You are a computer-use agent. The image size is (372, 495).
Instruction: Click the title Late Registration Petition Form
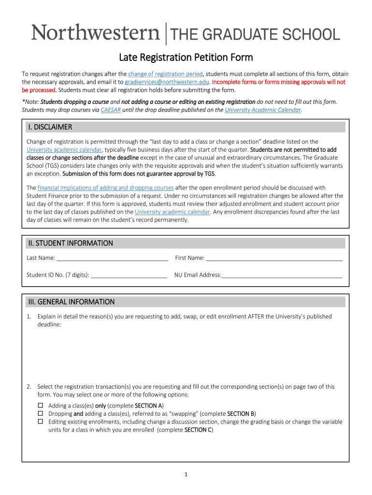point(186,58)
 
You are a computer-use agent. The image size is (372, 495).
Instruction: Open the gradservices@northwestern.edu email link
point(167,82)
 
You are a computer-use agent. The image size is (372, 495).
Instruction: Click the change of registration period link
point(165,74)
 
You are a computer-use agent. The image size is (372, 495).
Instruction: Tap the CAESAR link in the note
point(111,110)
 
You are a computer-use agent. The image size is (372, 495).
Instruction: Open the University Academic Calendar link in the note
point(263,110)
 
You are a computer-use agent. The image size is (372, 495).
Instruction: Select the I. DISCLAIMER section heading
point(49,127)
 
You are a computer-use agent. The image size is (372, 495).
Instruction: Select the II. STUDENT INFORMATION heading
point(70,243)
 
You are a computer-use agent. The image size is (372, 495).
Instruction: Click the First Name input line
point(274,259)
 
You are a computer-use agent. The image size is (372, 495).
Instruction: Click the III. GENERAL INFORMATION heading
point(71,302)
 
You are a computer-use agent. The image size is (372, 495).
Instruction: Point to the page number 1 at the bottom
point(186,475)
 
